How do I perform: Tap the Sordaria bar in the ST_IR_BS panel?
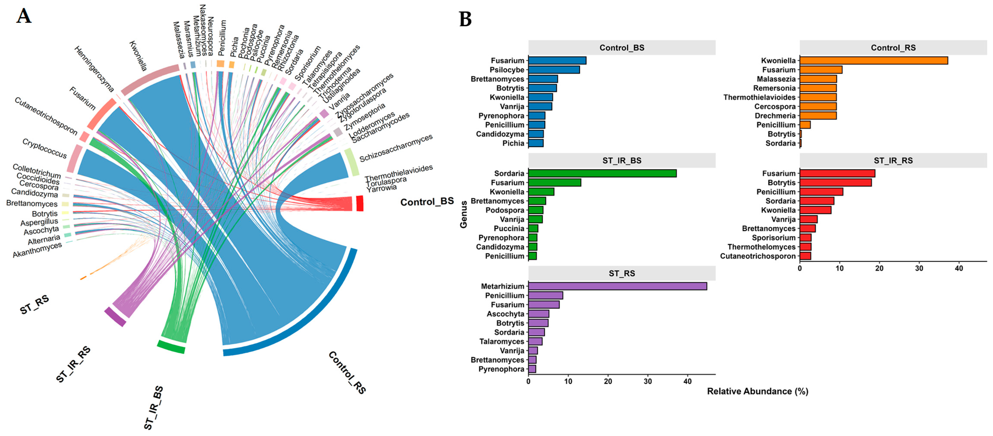click(x=602, y=174)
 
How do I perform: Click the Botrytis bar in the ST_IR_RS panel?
click(x=835, y=183)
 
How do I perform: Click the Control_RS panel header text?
click(x=893, y=48)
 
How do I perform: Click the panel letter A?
click(x=24, y=16)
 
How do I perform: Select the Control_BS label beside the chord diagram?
click(x=427, y=202)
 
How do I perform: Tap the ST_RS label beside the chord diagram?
click(x=35, y=304)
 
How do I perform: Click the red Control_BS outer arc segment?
click(x=360, y=203)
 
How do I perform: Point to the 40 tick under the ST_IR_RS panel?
click(x=959, y=268)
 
